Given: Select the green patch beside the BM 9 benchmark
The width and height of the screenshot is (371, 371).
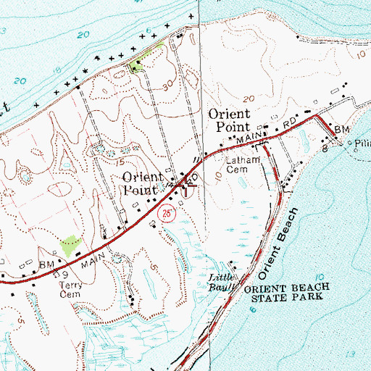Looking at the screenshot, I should [70, 246].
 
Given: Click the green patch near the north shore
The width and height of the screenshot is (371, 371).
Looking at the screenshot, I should [136, 67].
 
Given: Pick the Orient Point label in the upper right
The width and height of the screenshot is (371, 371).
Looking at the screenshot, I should [229, 120].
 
